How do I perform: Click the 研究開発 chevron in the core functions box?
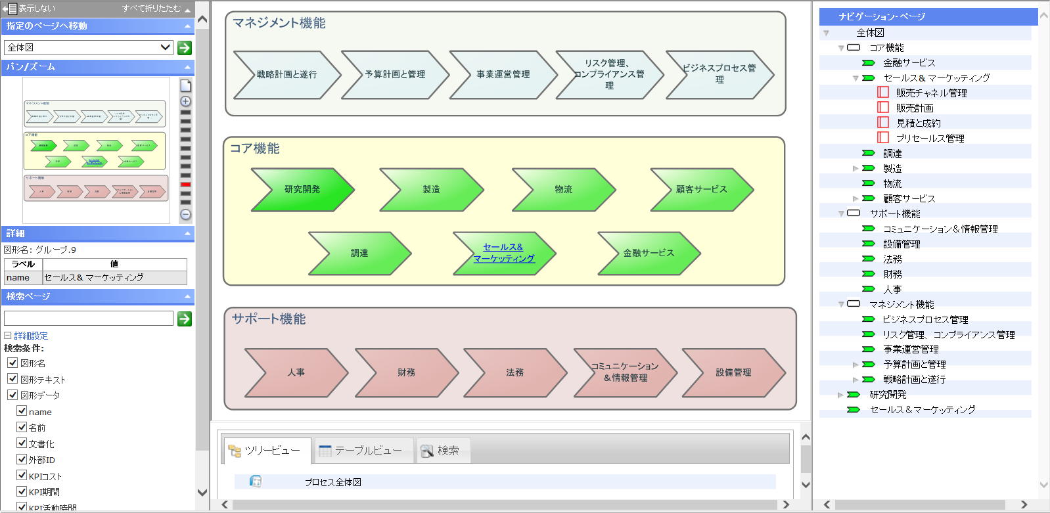pyautogui.click(x=302, y=190)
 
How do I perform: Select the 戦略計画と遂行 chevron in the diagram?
pyautogui.click(x=286, y=75)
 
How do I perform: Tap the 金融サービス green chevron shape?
pyautogui.click(x=649, y=253)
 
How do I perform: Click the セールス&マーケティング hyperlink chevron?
pyautogui.click(x=504, y=253)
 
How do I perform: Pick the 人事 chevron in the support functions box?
pyautogui.click(x=296, y=372)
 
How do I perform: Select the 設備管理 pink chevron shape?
pyautogui.click(x=733, y=372)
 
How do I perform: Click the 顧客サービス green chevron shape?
pyautogui.click(x=701, y=190)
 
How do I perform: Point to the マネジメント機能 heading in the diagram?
pyautogui.click(x=279, y=23)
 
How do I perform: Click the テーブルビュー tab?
pyautogui.click(x=363, y=451)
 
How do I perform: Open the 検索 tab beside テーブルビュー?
pyautogui.click(x=444, y=451)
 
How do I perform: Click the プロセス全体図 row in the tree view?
pyautogui.click(x=332, y=482)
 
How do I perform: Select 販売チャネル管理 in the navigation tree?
pyautogui.click(x=931, y=93)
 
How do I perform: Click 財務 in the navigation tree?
pyautogui.click(x=892, y=275)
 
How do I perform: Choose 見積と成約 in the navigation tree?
pyautogui.click(x=918, y=123)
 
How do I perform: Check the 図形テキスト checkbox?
pyautogui.click(x=12, y=379)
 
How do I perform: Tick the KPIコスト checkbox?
pyautogui.click(x=22, y=476)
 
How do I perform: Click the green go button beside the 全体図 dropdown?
pyautogui.click(x=185, y=47)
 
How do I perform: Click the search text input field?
pyautogui.click(x=89, y=319)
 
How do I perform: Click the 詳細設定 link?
pyautogui.click(x=31, y=336)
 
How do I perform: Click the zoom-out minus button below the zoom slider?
pyautogui.click(x=186, y=215)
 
